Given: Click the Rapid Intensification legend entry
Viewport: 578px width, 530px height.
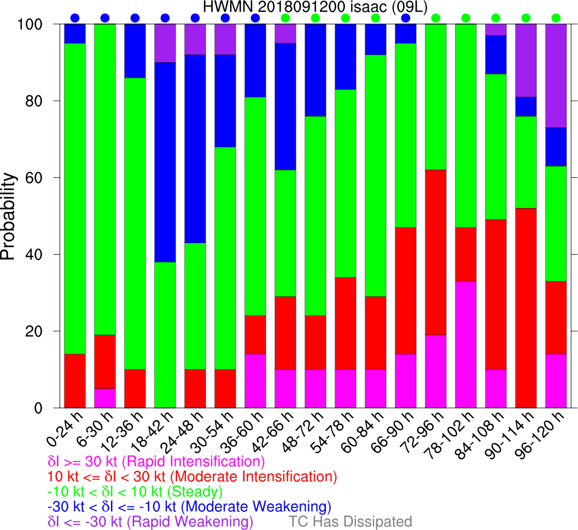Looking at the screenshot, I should tap(156, 460).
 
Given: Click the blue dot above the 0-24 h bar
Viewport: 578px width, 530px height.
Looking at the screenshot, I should tap(75, 18).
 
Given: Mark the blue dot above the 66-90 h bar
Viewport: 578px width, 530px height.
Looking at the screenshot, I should tap(406, 18).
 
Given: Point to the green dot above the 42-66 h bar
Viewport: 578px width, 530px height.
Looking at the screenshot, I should tap(285, 18).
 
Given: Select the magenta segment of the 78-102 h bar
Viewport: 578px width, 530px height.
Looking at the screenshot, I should tap(466, 344).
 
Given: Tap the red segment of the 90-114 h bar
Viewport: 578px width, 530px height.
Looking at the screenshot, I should tap(526, 308).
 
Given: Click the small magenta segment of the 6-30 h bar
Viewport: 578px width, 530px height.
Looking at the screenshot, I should tap(105, 398).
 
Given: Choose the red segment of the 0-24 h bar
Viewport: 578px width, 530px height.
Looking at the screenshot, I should tap(75, 381).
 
